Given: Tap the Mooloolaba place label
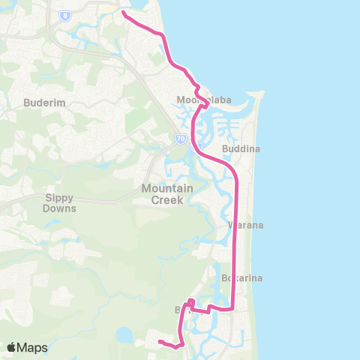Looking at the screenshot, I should tap(202, 100).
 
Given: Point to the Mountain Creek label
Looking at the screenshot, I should tap(168, 193).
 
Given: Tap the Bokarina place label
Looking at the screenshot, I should tap(241, 278).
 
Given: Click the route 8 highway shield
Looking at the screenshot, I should tap(67, 14).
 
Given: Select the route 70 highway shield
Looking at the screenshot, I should tap(180, 138).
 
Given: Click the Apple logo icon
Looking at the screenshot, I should tap(12, 347).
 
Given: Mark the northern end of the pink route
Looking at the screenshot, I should tap(123, 13).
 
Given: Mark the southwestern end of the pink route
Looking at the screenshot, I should tap(159, 343).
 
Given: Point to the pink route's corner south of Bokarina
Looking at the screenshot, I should tap(234, 308).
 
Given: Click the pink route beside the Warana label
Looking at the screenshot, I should tap(236, 225).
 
